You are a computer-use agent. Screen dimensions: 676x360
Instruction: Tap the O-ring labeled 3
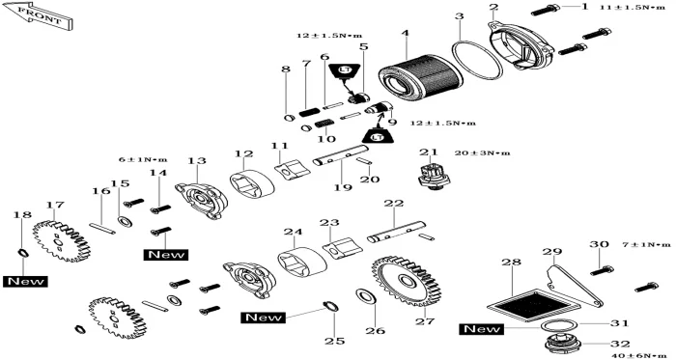477,60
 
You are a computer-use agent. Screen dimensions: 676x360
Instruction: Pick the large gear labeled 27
405,282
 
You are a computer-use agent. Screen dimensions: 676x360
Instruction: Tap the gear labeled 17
61,240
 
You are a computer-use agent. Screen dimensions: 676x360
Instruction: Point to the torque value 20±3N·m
483,152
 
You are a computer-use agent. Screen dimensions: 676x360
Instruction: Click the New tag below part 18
25,282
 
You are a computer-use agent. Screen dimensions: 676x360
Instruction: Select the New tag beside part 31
483,329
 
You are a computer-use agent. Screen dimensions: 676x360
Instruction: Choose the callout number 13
197,161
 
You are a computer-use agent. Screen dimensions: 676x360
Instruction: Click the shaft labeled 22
396,232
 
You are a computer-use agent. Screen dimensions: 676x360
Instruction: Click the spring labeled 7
310,113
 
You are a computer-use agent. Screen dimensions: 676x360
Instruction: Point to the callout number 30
600,244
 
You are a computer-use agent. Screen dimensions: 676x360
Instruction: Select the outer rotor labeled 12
252,183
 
